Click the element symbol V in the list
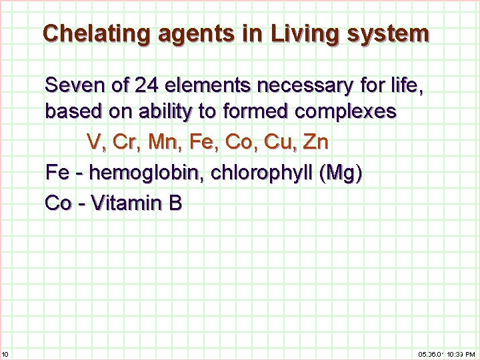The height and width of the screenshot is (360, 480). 94,142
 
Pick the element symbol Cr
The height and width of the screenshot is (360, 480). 121,142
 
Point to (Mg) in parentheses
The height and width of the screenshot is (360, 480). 341,173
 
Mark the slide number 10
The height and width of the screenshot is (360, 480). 5,353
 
